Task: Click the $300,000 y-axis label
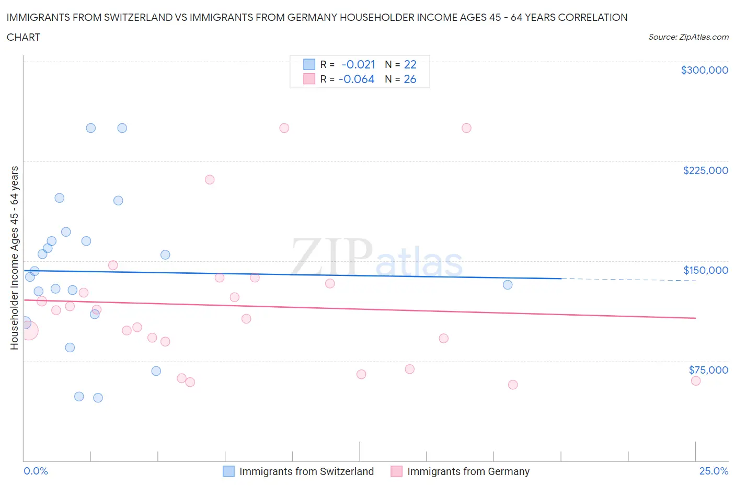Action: coord(704,70)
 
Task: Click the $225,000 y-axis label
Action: coord(705,170)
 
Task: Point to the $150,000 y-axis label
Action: coord(705,270)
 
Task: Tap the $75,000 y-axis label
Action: coord(708,370)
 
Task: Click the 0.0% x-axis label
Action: coord(36,471)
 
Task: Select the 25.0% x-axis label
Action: coord(714,471)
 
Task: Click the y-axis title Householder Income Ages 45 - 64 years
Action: coord(14,258)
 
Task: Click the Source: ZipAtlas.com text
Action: coord(688,37)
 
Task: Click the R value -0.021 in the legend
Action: coord(358,64)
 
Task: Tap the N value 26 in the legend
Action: coord(410,79)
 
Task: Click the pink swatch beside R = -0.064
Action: coord(309,79)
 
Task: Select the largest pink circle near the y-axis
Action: coord(28,330)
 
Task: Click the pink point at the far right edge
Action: coord(695,380)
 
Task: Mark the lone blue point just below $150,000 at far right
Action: coord(507,285)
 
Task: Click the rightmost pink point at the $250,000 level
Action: coord(466,128)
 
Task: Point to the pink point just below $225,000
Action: coord(210,180)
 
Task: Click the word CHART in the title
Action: coord(24,37)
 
